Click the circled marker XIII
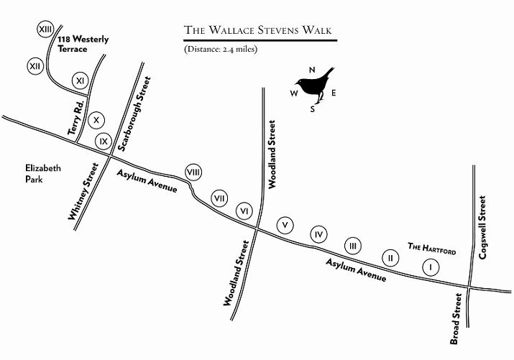point(47,29)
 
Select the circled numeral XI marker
point(81,80)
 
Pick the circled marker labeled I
point(430,267)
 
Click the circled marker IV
point(319,234)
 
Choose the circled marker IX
point(104,141)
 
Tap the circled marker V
point(286,225)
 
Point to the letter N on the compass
point(312,70)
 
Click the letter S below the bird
point(312,109)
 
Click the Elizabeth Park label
point(42,174)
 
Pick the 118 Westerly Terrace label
point(83,44)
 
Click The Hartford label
point(432,247)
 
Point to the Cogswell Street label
point(483,228)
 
